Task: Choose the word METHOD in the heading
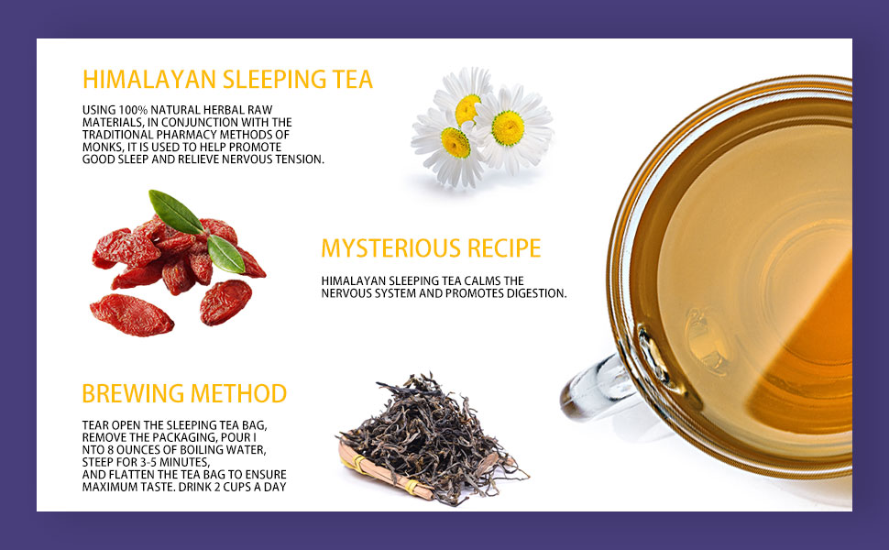(238, 394)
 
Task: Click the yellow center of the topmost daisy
(467, 108)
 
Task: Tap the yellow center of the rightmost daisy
(508, 127)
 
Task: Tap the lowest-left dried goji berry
(131, 314)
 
